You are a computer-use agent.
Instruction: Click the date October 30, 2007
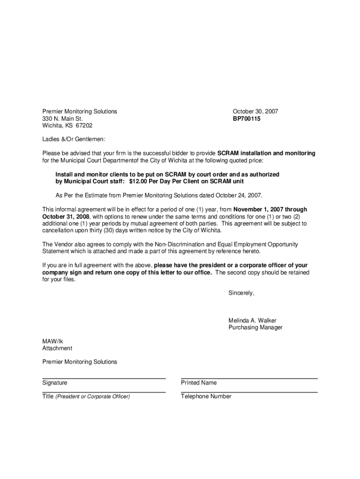255,111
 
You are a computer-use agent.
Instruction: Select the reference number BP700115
246,119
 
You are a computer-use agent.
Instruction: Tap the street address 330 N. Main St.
62,119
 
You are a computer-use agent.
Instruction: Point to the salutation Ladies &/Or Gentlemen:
74,139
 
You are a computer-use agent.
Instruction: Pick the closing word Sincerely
241,293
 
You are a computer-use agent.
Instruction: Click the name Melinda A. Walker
252,320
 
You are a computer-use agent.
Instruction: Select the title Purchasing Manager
255,327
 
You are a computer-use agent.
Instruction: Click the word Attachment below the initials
57,348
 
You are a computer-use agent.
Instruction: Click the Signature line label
55,383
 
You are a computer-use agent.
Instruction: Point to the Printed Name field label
199,383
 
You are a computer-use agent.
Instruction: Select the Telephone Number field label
206,396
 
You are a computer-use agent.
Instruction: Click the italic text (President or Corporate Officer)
93,397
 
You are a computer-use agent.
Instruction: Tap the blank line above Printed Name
249,378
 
